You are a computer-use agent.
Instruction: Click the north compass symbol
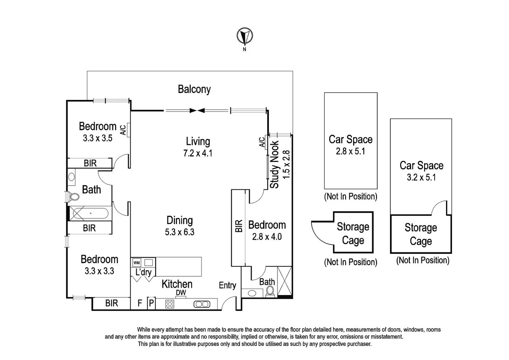pos(245,36)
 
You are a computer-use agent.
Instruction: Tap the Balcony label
pos(194,89)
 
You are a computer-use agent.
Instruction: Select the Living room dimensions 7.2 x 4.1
pos(198,153)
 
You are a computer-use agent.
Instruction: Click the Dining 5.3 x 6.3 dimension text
pos(180,232)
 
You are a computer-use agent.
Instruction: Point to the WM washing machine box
pos(137,262)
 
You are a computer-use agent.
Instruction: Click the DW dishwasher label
pos(181,293)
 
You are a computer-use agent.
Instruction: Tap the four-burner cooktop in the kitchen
pos(170,304)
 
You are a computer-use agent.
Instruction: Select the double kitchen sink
pos(202,304)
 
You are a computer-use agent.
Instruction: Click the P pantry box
pos(151,303)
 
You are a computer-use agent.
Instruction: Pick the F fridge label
pos(140,303)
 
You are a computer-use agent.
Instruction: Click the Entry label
pos(227,285)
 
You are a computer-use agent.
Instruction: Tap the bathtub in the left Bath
pos(90,213)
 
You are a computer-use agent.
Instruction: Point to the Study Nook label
pos(274,165)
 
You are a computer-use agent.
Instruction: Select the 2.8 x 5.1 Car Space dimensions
pos(350,151)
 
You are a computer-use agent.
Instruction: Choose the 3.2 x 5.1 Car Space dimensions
pos(421,177)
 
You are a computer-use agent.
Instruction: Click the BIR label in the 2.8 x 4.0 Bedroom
pos(239,226)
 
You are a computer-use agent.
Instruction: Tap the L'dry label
pos(143,272)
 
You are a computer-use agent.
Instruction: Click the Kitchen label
pos(177,284)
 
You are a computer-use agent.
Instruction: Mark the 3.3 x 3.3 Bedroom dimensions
pos(99,271)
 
